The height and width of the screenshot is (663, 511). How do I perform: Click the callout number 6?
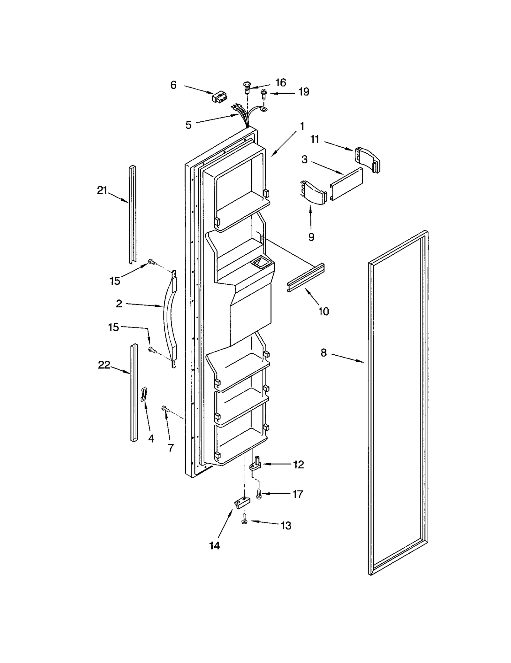click(x=173, y=85)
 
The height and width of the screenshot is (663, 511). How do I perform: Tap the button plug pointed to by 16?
click(x=246, y=87)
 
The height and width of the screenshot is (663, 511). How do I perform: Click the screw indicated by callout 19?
click(x=264, y=94)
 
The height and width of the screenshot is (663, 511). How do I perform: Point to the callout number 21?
click(x=102, y=190)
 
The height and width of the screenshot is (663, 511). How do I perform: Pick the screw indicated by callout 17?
click(x=259, y=494)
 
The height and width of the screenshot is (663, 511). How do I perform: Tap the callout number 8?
click(x=324, y=353)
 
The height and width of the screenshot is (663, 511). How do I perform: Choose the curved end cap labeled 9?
click(x=314, y=192)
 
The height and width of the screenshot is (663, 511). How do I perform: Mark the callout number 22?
click(x=104, y=365)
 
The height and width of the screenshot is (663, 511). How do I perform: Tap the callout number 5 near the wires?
click(x=188, y=125)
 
